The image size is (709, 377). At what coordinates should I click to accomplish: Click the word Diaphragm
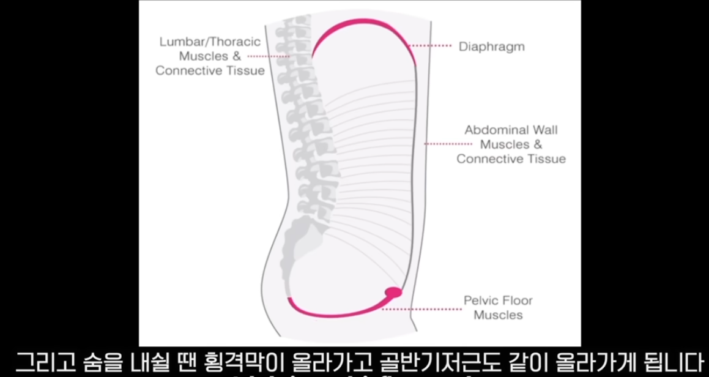pyautogui.click(x=491, y=47)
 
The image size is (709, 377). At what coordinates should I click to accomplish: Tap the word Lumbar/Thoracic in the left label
pyautogui.click(x=210, y=42)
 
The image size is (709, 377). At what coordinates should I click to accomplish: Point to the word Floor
pyautogui.click(x=518, y=300)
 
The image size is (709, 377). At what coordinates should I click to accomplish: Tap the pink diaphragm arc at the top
pyautogui.click(x=361, y=24)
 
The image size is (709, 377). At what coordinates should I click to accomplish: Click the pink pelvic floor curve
pyautogui.click(x=330, y=313)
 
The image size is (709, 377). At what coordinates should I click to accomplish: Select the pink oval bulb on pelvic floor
pyautogui.click(x=393, y=293)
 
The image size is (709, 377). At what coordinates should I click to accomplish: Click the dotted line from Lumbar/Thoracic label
pyautogui.click(x=269, y=56)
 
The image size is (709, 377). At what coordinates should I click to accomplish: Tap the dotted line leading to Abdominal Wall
pyautogui.click(x=448, y=144)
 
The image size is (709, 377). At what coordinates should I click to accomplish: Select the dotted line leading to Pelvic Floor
pyautogui.click(x=421, y=309)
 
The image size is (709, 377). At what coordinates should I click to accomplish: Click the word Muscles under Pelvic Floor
pyautogui.click(x=499, y=315)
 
